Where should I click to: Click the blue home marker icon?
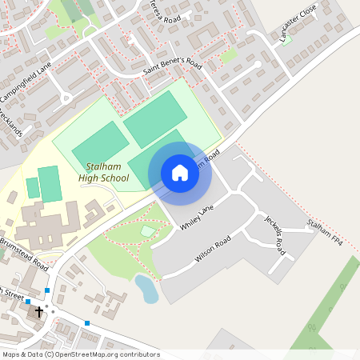[180, 173]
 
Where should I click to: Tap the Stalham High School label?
[103, 172]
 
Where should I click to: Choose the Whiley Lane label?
[198, 217]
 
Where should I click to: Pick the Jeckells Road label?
[275, 235]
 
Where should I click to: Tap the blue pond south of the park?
[146, 289]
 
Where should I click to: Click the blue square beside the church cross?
[28, 302]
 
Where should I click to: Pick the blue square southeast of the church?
[86, 323]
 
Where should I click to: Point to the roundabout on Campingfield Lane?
[66, 98]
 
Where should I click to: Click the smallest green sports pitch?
[33, 188]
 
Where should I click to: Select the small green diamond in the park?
[148, 231]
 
